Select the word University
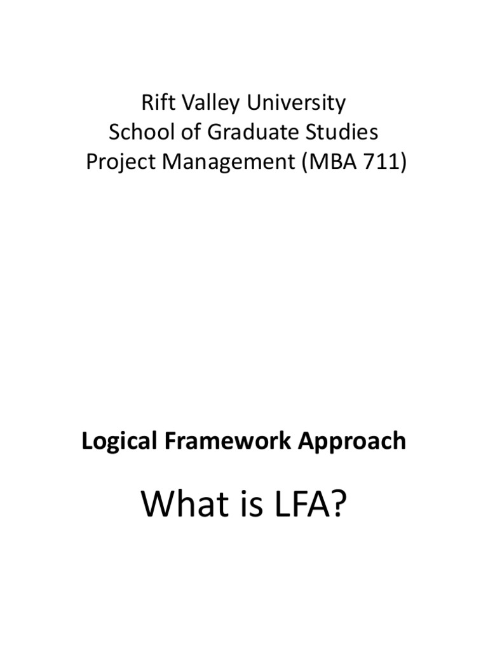[x=292, y=103]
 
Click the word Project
[x=120, y=162]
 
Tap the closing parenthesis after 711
[x=402, y=162]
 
